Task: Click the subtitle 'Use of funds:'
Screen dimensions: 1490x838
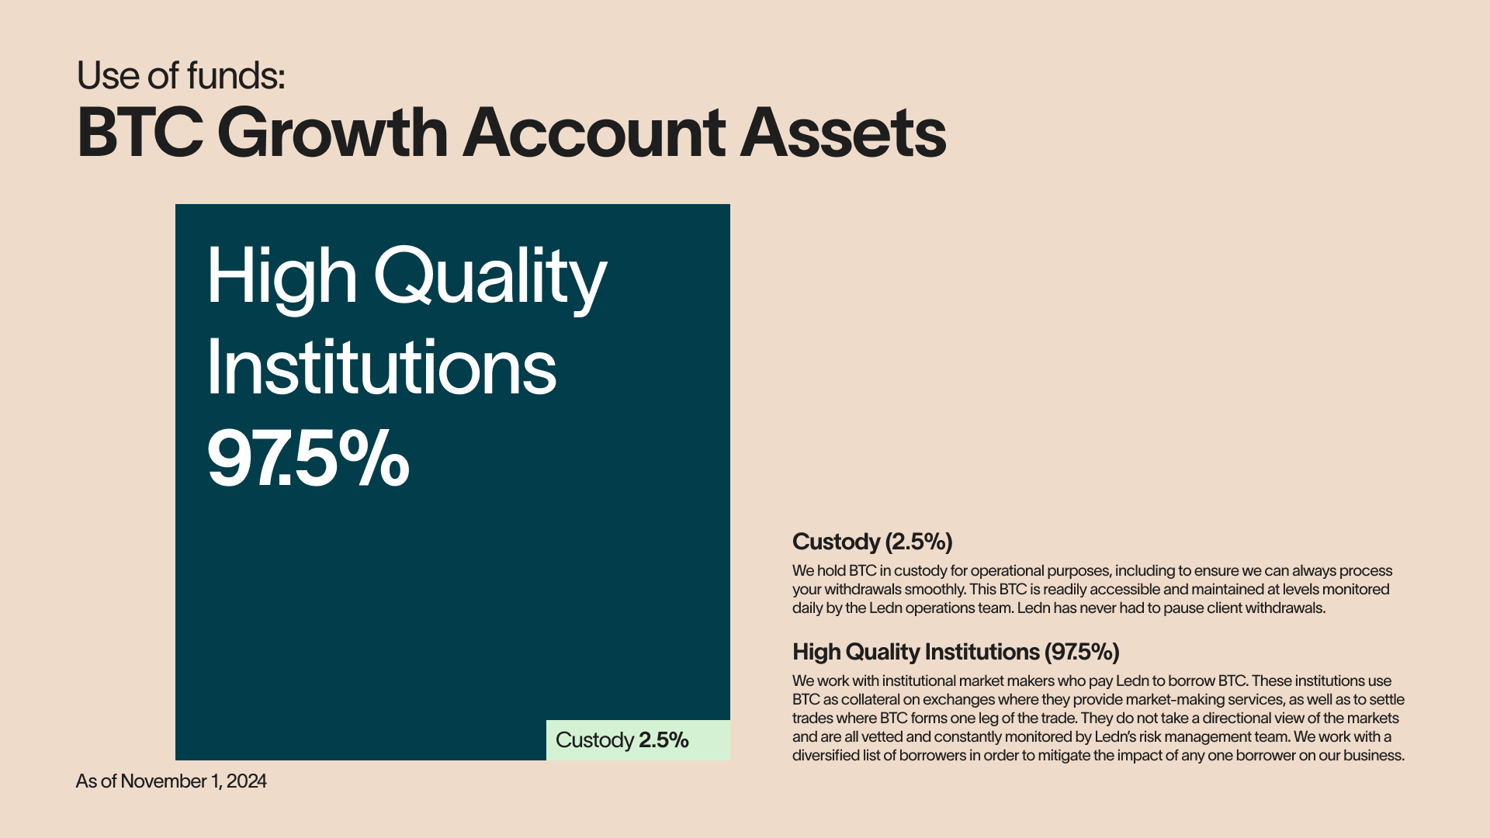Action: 181,76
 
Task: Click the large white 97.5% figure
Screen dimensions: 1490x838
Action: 308,459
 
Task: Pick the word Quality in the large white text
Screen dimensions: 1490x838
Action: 490,279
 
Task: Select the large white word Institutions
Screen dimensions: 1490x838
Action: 381,367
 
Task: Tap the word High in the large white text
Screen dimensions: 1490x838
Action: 282,279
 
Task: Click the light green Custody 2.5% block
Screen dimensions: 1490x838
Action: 638,740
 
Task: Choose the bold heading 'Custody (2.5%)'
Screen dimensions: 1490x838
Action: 872,542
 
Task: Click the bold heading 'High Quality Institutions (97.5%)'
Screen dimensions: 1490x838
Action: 956,652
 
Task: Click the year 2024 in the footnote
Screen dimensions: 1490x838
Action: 247,781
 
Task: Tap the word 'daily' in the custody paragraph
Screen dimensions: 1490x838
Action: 807,608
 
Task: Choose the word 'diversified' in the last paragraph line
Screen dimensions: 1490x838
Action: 826,756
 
